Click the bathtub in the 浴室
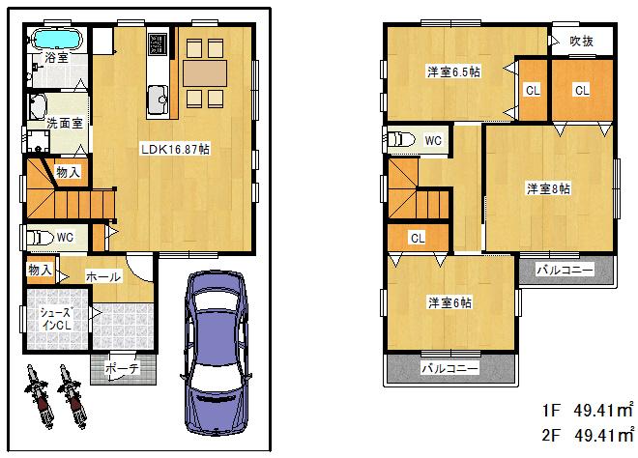coord(58,41)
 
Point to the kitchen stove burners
coord(158,44)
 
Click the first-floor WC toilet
coord(41,237)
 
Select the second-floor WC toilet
coord(400,137)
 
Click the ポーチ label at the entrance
coord(122,367)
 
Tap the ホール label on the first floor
coord(103,276)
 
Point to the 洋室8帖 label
coord(548,188)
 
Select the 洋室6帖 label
coord(450,302)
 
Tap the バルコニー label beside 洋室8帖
coord(565,270)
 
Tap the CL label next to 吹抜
coord(581,90)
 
